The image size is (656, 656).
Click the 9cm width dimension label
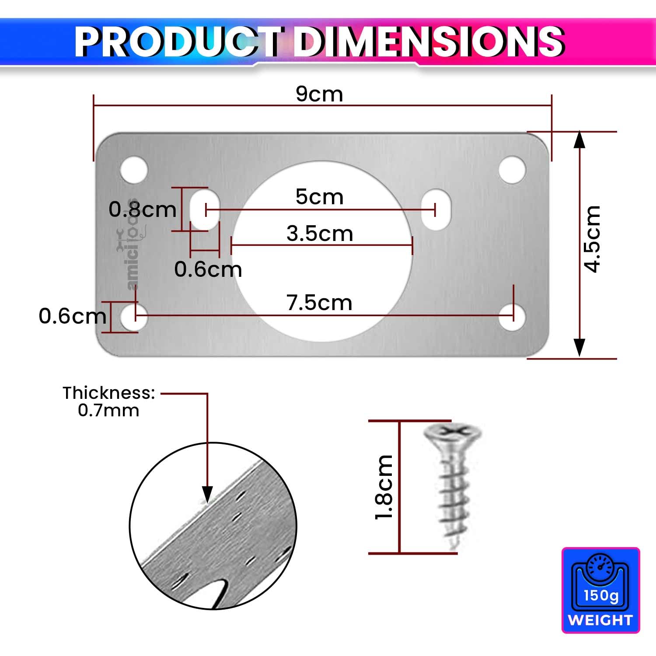pyautogui.click(x=319, y=94)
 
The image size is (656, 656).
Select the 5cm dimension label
pyautogui.click(x=319, y=197)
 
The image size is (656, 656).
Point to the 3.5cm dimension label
pyautogui.click(x=320, y=234)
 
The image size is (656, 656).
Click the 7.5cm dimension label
pyautogui.click(x=319, y=303)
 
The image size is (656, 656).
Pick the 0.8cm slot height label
pyautogui.click(x=142, y=209)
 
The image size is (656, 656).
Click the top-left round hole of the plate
pyautogui.click(x=134, y=170)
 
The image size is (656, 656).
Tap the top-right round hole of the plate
pyautogui.click(x=512, y=170)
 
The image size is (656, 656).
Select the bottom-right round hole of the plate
pyautogui.click(x=512, y=316)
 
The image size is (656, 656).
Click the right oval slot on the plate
pyautogui.click(x=436, y=209)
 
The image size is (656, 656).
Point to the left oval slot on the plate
pyautogui.click(x=204, y=209)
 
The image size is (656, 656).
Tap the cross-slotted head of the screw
pyautogui.click(x=452, y=433)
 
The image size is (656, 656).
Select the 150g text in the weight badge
pyautogui.click(x=601, y=595)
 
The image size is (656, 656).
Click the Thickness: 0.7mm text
pyautogui.click(x=108, y=401)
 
